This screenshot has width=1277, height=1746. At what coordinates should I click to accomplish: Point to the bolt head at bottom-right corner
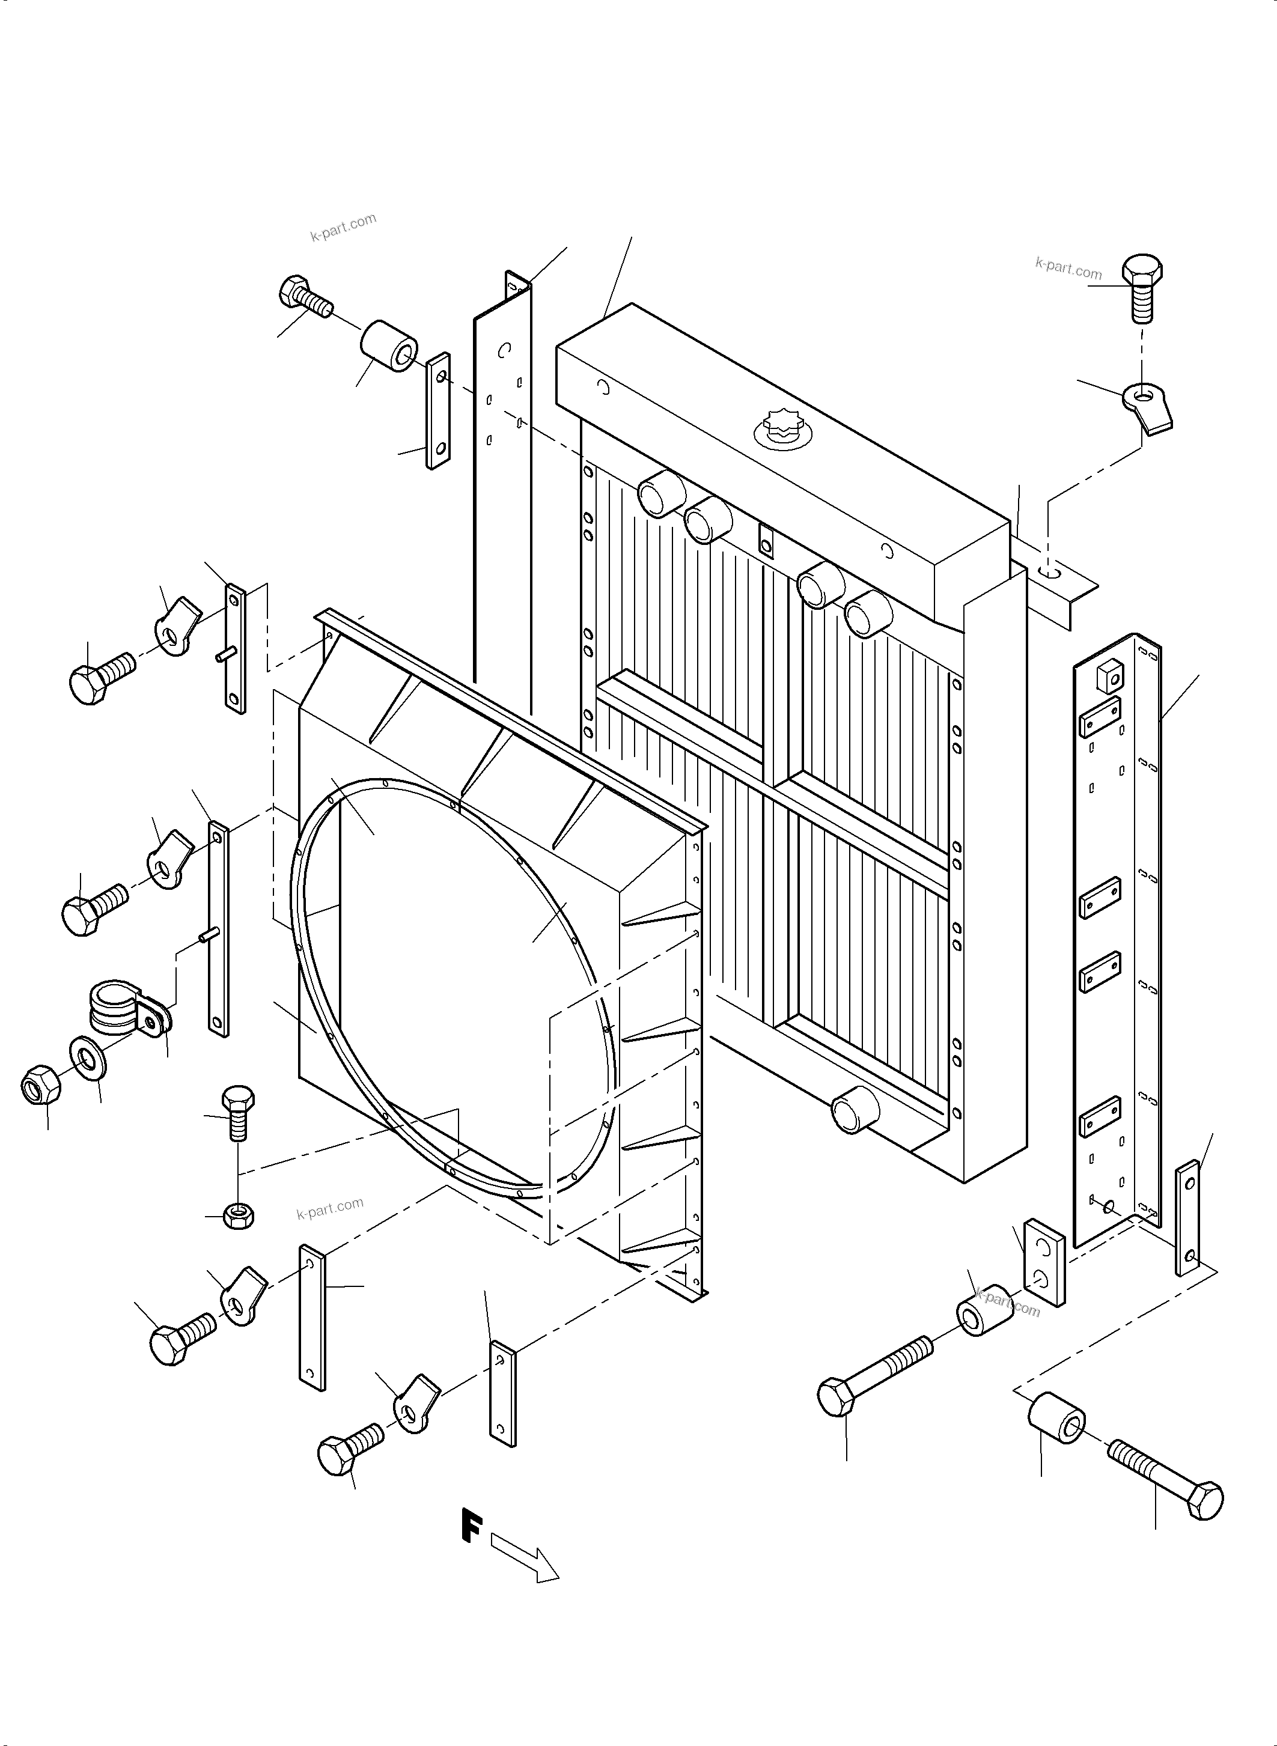click(1199, 1500)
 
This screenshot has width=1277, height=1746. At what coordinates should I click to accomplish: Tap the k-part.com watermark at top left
click(343, 227)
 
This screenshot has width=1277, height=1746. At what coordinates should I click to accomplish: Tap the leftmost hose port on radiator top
click(660, 491)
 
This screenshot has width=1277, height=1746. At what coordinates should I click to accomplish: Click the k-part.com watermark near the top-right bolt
click(1068, 268)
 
